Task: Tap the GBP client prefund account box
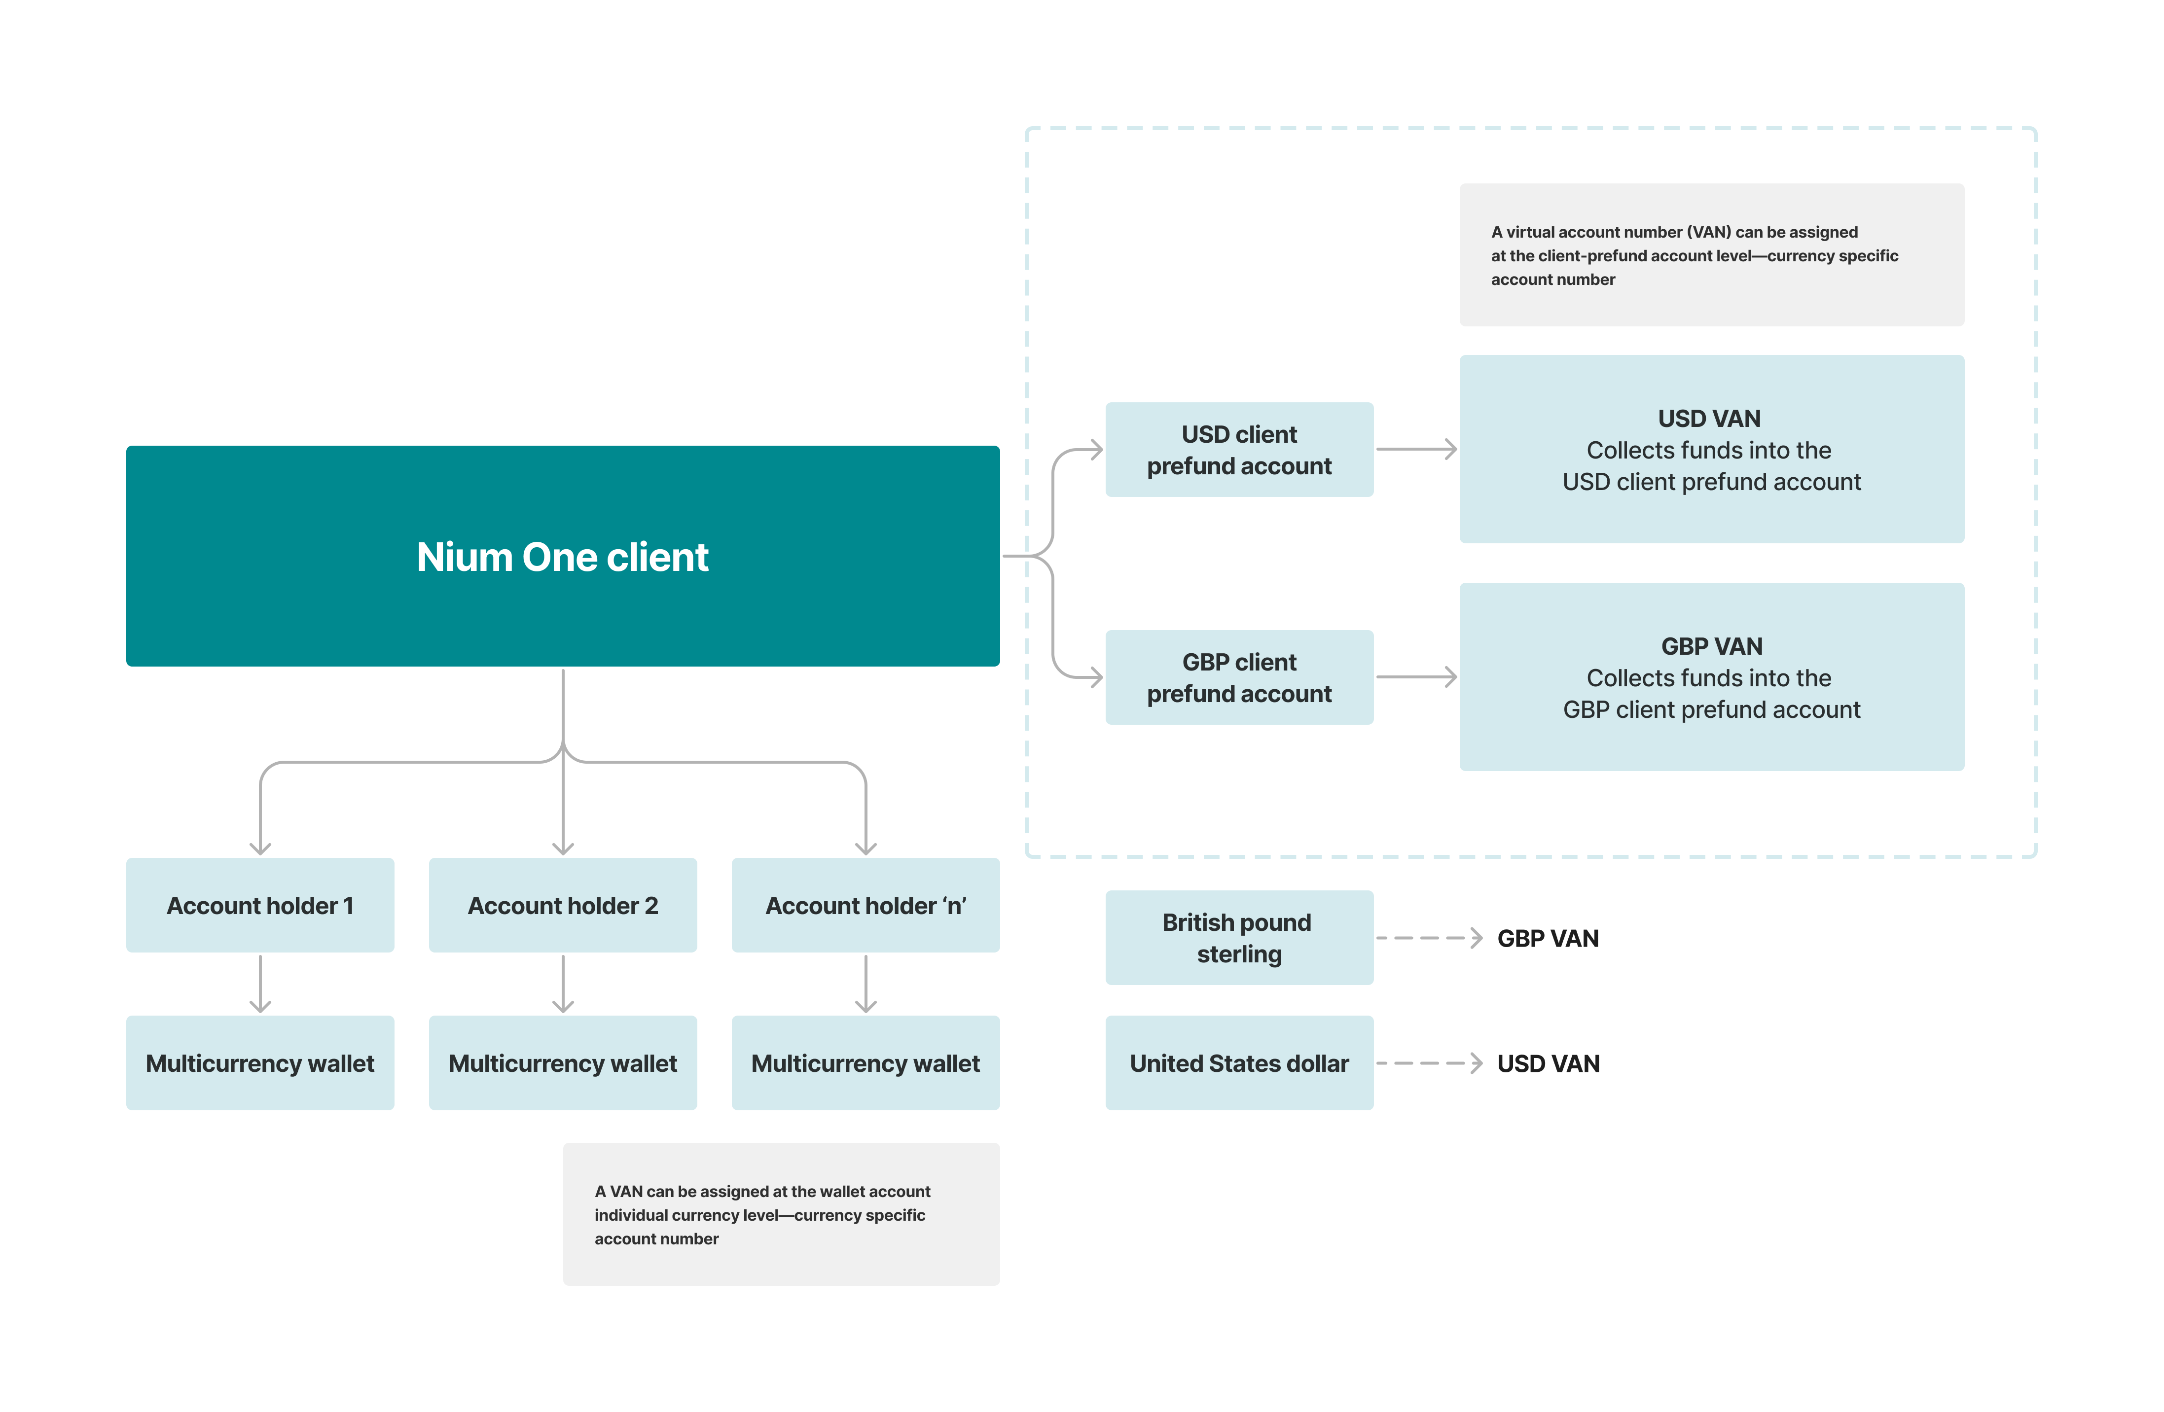point(1238,677)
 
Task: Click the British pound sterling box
point(1238,937)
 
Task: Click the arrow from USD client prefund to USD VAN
point(1416,449)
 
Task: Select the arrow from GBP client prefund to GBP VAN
point(1416,677)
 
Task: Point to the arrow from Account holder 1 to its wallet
point(260,983)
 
